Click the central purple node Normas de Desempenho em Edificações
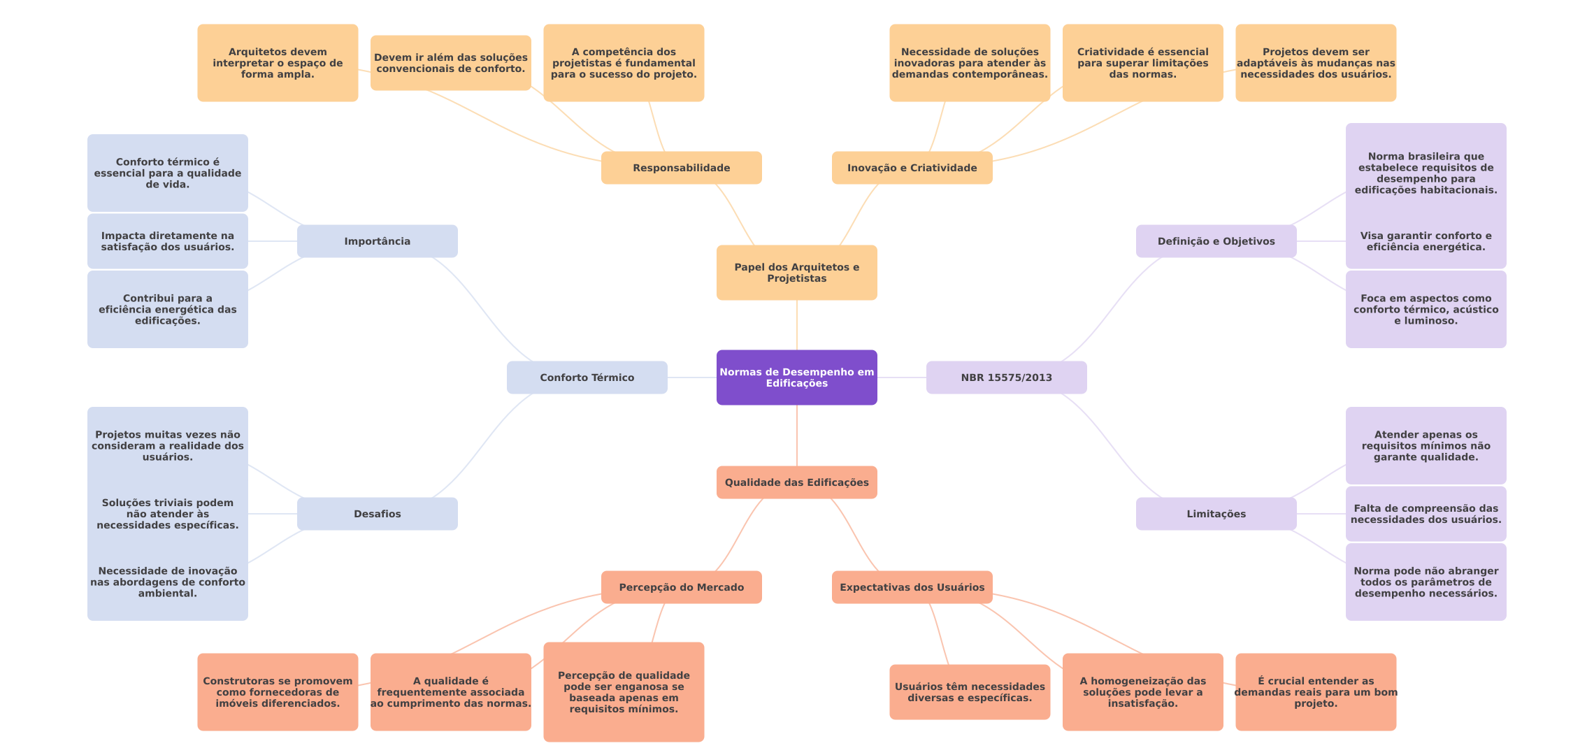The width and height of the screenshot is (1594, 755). point(797,377)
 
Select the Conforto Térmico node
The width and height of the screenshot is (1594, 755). point(587,377)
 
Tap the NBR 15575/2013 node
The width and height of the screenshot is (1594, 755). point(1007,377)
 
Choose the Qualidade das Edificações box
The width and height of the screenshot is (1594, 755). point(797,482)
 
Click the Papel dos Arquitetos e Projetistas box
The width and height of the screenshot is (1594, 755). point(797,273)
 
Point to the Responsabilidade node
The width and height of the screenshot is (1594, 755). point(682,168)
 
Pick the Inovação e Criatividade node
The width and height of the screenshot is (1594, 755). point(912,168)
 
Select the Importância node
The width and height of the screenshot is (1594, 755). point(378,241)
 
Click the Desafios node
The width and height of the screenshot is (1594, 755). point(378,514)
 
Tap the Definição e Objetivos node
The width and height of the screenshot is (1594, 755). point(1216,241)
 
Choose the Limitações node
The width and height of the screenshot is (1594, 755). point(1216,514)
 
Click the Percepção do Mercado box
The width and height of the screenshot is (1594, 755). point(682,587)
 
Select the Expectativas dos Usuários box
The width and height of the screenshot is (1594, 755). point(912,587)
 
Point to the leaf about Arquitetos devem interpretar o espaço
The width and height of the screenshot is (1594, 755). point(278,63)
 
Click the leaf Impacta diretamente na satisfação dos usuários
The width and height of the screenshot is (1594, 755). point(168,241)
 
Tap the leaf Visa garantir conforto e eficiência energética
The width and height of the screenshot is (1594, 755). point(1426,241)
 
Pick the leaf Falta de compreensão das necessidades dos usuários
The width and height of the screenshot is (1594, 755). point(1426,514)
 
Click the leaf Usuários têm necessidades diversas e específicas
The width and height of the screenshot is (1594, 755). point(970,692)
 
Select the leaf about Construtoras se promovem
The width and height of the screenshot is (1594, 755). point(278,692)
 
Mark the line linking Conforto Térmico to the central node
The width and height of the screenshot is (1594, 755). point(692,377)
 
